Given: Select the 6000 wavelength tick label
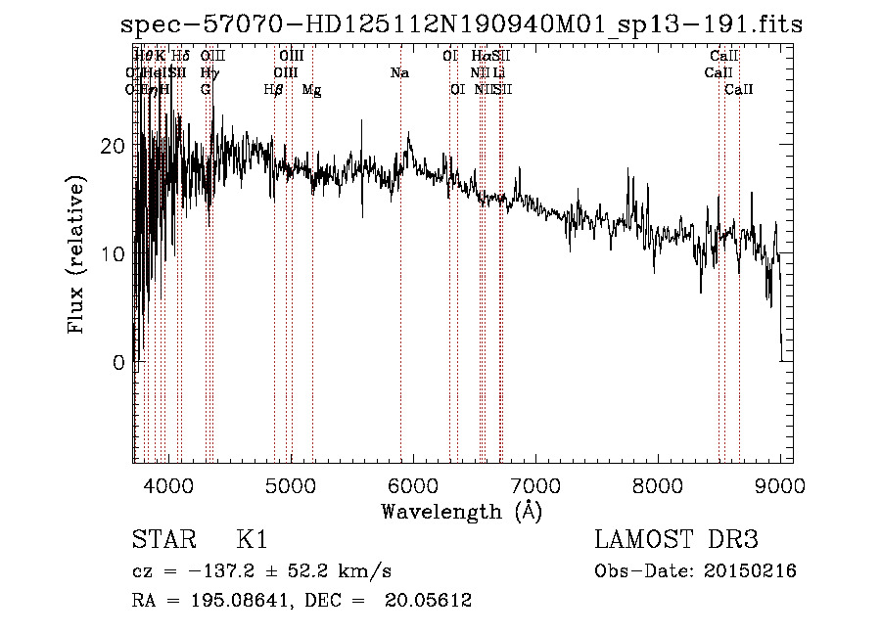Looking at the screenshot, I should [412, 486].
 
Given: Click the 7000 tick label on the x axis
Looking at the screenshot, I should [534, 486].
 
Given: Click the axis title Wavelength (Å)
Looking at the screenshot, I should [461, 511].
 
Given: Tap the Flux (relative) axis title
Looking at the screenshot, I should [76, 254].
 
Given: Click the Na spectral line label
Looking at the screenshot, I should [399, 73].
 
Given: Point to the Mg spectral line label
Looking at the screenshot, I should [311, 90].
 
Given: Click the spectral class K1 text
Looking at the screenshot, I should [252, 540].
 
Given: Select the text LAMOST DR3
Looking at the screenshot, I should [676, 540].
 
